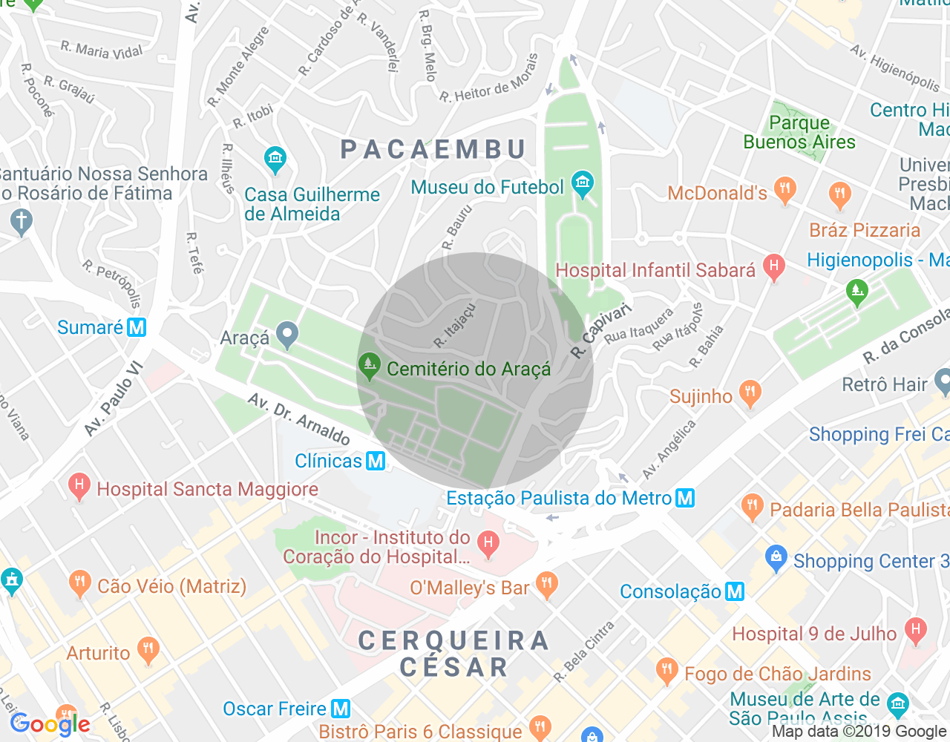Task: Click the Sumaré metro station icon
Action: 137,327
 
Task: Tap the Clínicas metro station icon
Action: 376,461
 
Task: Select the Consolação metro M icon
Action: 735,591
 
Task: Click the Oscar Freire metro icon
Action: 341,709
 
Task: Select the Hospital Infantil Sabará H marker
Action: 774,267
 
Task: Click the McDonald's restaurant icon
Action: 784,190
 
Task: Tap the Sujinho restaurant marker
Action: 750,394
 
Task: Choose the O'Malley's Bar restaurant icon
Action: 547,585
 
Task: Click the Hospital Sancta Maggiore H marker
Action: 79,487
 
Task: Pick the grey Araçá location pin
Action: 287,335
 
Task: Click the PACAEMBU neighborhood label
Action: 433,149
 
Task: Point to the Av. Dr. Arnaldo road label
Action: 299,419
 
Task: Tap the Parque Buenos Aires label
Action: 799,132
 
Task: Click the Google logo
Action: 50,724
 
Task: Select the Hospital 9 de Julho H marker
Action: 916,631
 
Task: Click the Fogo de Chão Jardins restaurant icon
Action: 666,672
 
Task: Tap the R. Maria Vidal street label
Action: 101,50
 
